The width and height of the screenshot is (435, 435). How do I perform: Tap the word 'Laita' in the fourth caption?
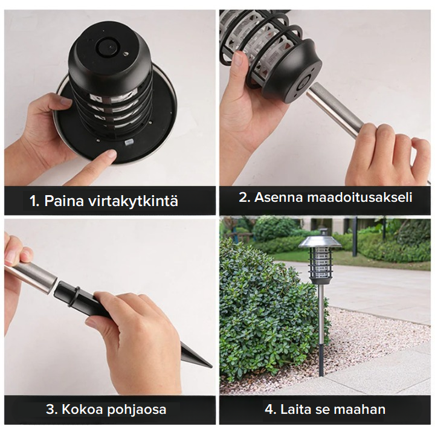pyautogui.click(x=295, y=409)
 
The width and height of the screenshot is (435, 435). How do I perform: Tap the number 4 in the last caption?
pyautogui.click(x=269, y=409)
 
